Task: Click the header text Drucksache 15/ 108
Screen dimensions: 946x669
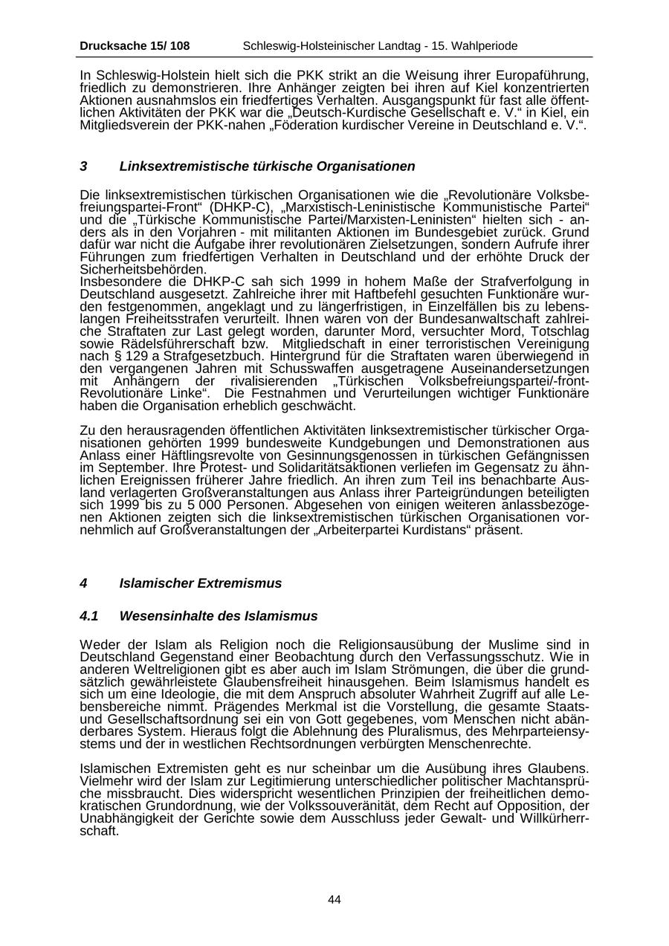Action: [x=135, y=46]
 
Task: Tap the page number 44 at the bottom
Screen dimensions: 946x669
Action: [x=334, y=900]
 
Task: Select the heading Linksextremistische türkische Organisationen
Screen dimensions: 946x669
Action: [x=267, y=166]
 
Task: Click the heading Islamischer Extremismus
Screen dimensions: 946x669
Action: [x=201, y=583]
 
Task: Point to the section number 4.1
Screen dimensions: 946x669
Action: [x=89, y=616]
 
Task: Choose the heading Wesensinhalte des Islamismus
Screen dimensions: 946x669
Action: [x=219, y=616]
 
